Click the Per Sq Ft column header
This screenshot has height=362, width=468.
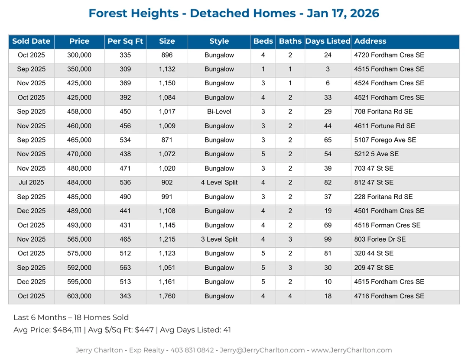tap(125, 42)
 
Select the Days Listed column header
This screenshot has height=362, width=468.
tap(328, 42)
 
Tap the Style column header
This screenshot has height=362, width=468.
tap(219, 42)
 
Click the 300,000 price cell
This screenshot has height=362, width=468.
tap(79, 55)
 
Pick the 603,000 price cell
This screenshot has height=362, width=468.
tap(79, 296)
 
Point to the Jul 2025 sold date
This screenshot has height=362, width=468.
tap(31, 183)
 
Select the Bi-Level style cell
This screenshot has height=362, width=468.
tap(219, 112)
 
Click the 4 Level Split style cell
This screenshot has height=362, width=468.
tap(219, 183)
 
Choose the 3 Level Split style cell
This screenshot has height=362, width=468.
tap(219, 239)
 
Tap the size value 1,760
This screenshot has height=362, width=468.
tap(167, 296)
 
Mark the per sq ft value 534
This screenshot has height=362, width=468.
tap(125, 140)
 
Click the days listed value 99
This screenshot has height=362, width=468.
tap(328, 239)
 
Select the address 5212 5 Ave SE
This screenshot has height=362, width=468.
tap(376, 154)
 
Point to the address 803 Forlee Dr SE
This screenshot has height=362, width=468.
tap(381, 239)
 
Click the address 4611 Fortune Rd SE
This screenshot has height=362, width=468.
tap(384, 126)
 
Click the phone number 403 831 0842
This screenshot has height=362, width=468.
tap(193, 350)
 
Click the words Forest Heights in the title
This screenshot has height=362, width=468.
tap(133, 13)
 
